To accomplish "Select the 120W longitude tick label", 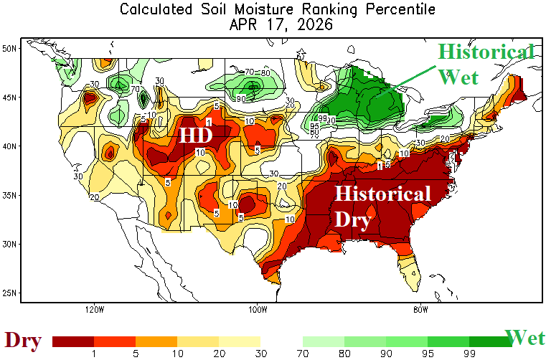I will pos(94,310).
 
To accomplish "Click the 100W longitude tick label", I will pos(258,310).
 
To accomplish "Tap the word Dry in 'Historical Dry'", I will pos(354,218).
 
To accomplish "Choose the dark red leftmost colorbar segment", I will pos(73,341).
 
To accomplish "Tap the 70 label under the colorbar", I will pos(303,353).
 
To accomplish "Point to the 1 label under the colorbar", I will pos(94,353).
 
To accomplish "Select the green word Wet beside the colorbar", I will pos(525,338).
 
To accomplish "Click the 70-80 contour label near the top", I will pos(257,72).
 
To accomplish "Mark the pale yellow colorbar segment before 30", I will pos(240,341).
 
